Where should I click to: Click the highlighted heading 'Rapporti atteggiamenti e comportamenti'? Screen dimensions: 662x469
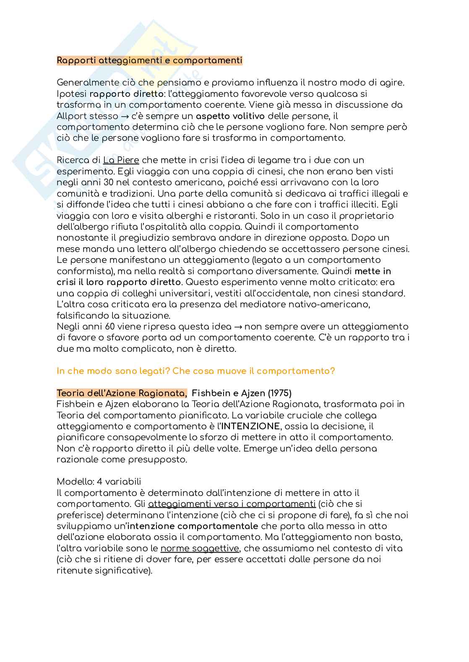(x=149, y=60)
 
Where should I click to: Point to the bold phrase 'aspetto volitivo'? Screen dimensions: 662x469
(x=230, y=116)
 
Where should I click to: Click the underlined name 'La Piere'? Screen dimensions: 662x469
(x=121, y=160)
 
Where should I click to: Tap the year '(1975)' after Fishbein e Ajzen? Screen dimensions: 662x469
(x=280, y=393)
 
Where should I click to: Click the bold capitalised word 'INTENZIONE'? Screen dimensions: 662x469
(x=250, y=426)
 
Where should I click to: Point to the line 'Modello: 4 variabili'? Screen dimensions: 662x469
(x=99, y=482)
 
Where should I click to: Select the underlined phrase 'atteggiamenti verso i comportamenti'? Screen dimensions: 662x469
(x=232, y=504)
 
